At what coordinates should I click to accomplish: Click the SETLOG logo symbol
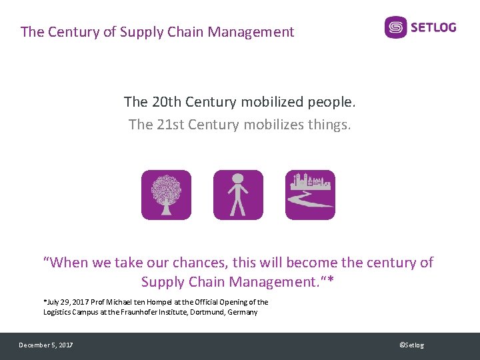(x=395, y=27)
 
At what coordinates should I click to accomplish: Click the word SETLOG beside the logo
(x=433, y=27)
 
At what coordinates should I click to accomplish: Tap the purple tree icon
(x=166, y=195)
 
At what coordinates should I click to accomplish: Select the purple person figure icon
(x=238, y=195)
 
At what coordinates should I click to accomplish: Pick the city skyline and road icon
(x=310, y=195)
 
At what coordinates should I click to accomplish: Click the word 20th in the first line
(x=165, y=102)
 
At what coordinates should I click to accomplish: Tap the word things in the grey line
(x=327, y=124)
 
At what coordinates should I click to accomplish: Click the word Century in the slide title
(x=75, y=31)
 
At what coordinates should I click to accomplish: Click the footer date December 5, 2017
(x=46, y=345)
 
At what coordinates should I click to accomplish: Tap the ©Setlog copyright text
(x=411, y=345)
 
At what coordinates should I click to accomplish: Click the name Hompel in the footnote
(x=140, y=302)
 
